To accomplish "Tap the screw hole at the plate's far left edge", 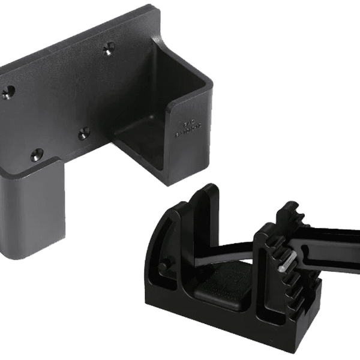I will coord(8,92).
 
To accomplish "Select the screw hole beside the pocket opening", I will coord(85,133).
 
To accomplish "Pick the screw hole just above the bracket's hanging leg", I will coord(37,155).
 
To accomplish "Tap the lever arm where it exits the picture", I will coord(354,240).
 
